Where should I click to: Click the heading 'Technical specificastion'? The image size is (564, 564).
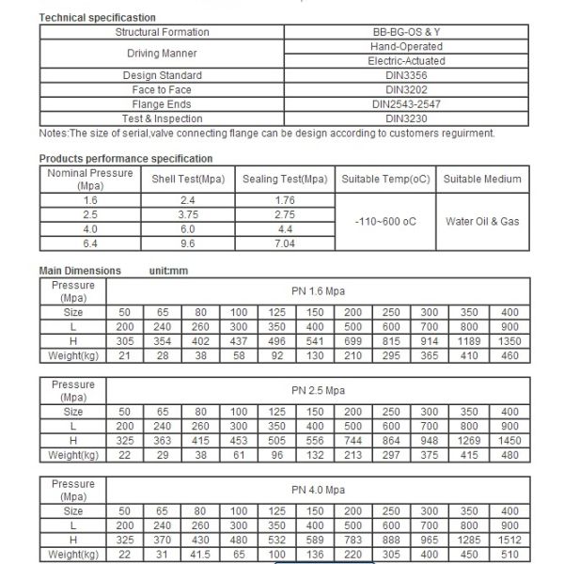[x=98, y=18]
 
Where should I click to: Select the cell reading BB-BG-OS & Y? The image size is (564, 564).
[x=407, y=32]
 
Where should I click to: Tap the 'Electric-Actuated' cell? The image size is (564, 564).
[x=407, y=60]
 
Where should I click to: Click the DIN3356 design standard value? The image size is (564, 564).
[x=407, y=75]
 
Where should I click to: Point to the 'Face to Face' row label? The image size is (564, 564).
[x=162, y=89]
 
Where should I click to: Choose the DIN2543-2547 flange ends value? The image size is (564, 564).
[x=407, y=103]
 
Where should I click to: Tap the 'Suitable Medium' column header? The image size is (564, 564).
[x=482, y=179]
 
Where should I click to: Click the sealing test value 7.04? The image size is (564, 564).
[x=285, y=243]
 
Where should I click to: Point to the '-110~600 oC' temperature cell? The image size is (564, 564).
[x=385, y=222]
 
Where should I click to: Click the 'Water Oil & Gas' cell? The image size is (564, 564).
[x=482, y=222]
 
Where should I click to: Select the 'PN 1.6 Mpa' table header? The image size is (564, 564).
[x=318, y=291]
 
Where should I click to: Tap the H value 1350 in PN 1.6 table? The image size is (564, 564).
[x=509, y=340]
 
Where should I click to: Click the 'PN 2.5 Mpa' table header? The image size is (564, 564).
[x=318, y=391]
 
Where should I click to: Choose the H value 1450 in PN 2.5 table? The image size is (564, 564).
[x=509, y=440]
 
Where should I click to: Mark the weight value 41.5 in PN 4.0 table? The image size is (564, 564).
[x=201, y=555]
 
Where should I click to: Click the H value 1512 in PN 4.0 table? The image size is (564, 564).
[x=509, y=540]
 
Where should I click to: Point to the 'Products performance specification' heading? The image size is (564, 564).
[x=126, y=159]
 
